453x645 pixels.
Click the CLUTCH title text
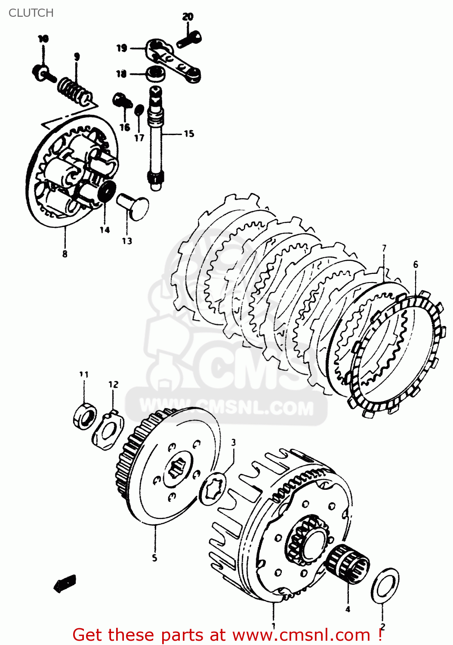click(x=31, y=13)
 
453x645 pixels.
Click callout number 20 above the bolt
click(x=188, y=17)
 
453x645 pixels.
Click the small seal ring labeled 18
click(x=155, y=74)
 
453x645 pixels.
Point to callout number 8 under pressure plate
click(x=65, y=254)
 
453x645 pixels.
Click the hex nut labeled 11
click(x=84, y=417)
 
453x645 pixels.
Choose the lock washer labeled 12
click(x=108, y=431)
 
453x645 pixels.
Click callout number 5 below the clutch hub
click(x=154, y=558)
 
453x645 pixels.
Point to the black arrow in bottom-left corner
click(x=65, y=584)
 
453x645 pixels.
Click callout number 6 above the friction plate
click(x=416, y=264)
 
